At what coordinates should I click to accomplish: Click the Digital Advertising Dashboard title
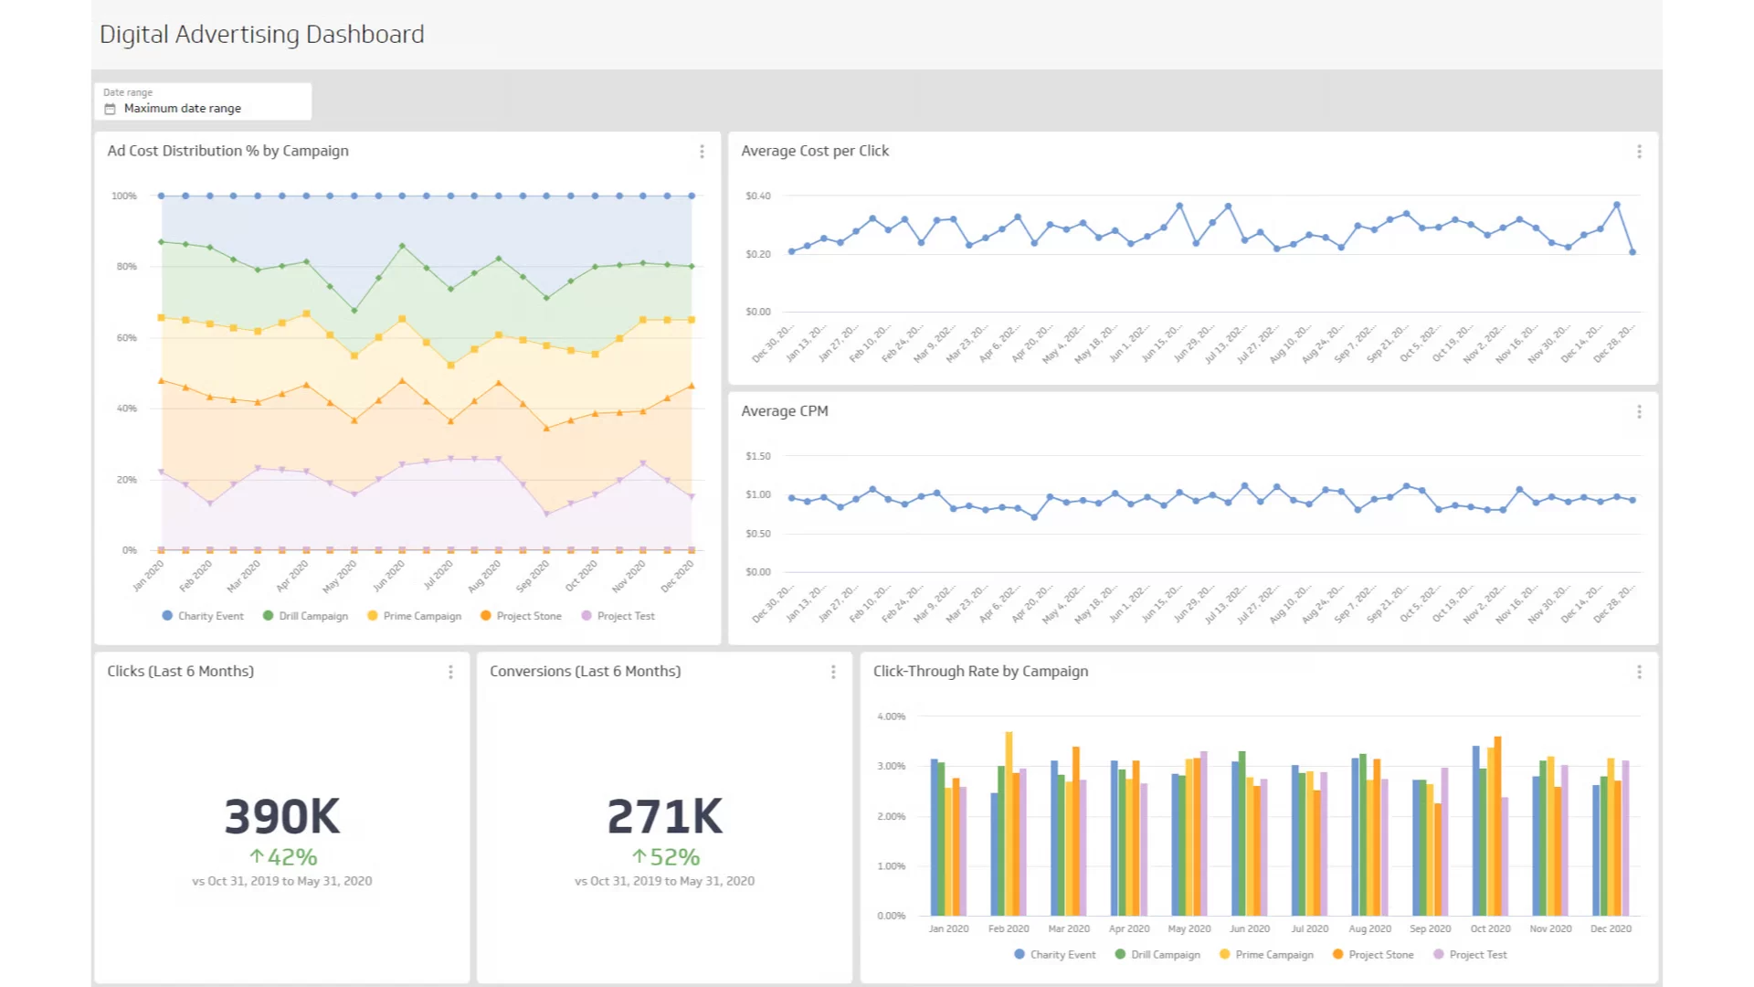[x=261, y=35]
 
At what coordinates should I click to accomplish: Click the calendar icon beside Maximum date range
[x=111, y=109]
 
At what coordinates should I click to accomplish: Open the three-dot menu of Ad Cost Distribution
[x=702, y=152]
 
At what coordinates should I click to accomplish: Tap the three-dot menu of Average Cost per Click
[x=1639, y=152]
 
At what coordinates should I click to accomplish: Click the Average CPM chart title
[x=784, y=411]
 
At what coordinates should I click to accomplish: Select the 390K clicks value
[x=281, y=816]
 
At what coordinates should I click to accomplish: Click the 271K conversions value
[x=664, y=816]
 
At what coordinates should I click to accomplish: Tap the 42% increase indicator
[x=283, y=857]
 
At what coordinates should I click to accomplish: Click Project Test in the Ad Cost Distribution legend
[x=625, y=616]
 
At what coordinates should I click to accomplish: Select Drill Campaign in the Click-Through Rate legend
[x=1165, y=954]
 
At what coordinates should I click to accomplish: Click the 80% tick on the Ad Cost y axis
[x=126, y=267]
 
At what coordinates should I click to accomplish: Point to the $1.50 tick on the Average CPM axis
[x=757, y=456]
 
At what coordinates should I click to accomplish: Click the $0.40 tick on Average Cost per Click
[x=757, y=196]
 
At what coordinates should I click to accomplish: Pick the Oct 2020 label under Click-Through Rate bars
[x=1490, y=929]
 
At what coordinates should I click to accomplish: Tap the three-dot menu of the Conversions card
[x=833, y=672]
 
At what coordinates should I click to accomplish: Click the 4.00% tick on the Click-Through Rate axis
[x=891, y=716]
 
